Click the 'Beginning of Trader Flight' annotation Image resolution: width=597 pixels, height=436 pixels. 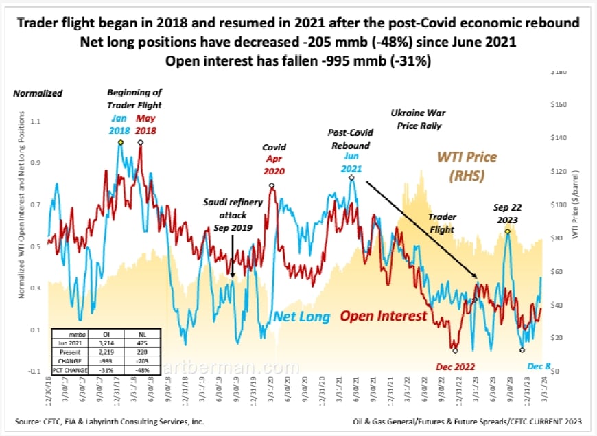pos(134,99)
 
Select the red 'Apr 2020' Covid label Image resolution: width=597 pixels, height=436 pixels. pos(274,171)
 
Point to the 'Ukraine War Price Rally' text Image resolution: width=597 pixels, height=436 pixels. pos(416,119)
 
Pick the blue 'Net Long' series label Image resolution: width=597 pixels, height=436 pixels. pos(302,317)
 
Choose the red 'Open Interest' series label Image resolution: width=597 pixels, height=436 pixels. pos(384,317)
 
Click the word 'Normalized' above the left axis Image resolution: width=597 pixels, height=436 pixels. pos(38,93)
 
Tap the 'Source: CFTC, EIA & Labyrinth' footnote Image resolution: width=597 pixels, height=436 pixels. pos(109,421)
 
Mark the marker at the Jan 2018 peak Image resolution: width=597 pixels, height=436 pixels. pos(120,142)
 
